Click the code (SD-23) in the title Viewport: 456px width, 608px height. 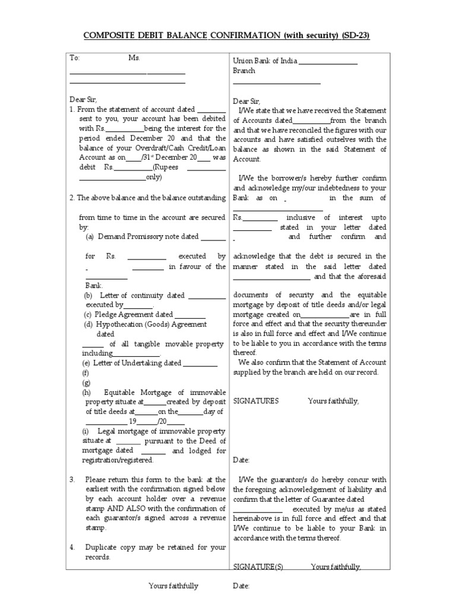click(x=355, y=36)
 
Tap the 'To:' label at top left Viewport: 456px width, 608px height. click(x=74, y=58)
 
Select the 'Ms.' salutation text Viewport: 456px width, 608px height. click(x=134, y=58)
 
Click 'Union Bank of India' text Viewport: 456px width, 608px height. click(x=264, y=61)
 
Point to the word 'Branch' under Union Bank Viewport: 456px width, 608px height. click(x=244, y=71)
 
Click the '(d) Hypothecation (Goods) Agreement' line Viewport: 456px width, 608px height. click(x=145, y=324)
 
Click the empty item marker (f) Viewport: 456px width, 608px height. click(x=86, y=373)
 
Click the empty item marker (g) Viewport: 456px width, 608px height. click(x=86, y=382)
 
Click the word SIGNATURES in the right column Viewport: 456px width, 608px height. click(x=256, y=401)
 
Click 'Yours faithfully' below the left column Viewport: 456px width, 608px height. click(x=173, y=586)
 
